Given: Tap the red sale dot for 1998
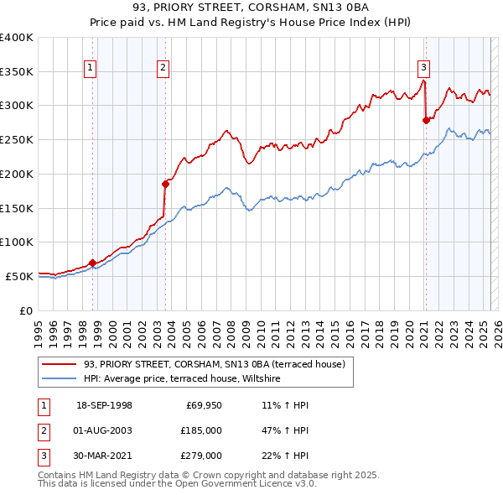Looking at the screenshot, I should pos(92,263).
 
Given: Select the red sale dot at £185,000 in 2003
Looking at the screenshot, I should pos(165,184).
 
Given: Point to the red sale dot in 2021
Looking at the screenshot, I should pos(426,120).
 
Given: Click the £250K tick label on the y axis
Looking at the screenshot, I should pos(16,139).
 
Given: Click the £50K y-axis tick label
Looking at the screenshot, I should pos(19,276).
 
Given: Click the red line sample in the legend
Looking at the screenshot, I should pos(59,364).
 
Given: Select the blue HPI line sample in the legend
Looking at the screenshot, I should pos(59,379).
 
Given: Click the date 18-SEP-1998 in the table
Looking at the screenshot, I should pos(104,405).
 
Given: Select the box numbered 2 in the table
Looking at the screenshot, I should pos(43,430).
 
